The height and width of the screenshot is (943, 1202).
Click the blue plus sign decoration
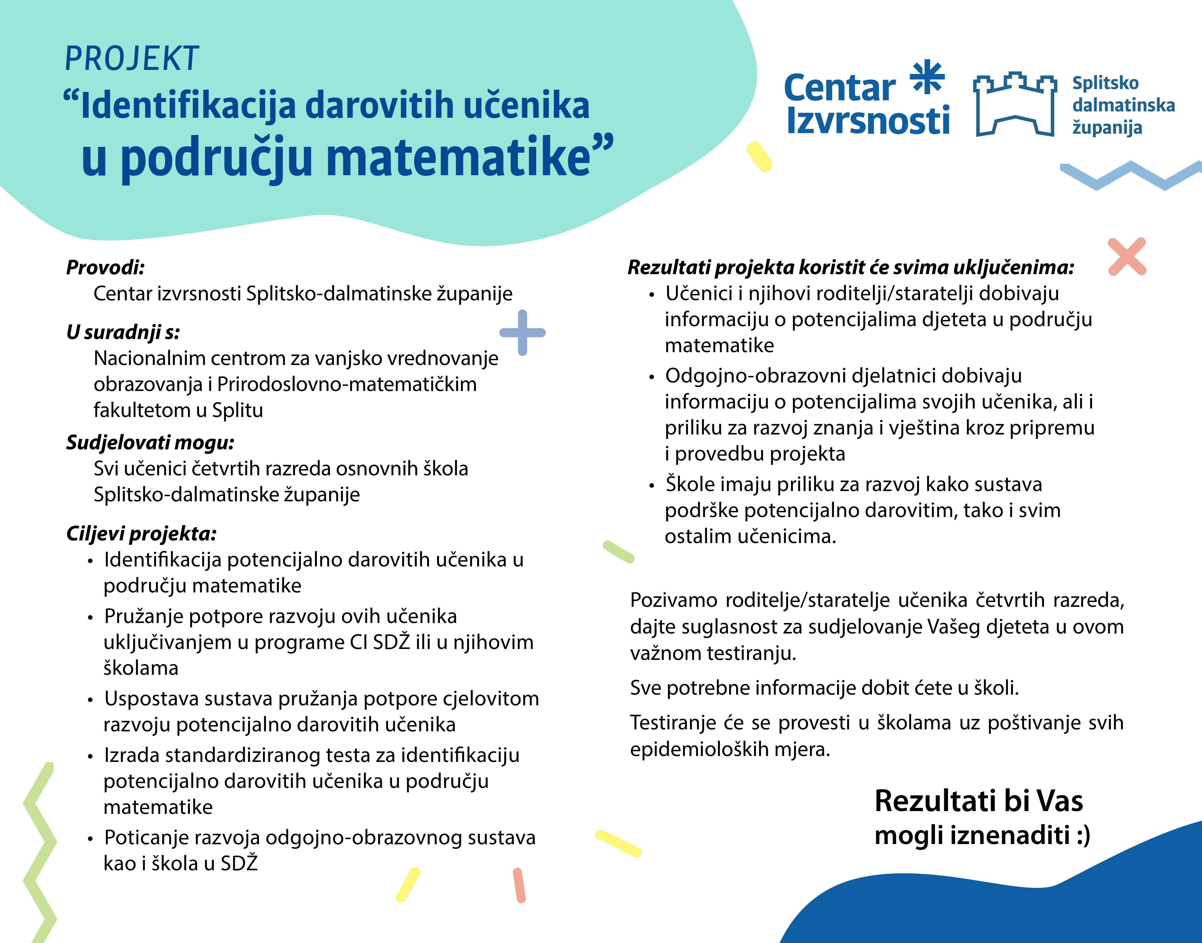point(522,332)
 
